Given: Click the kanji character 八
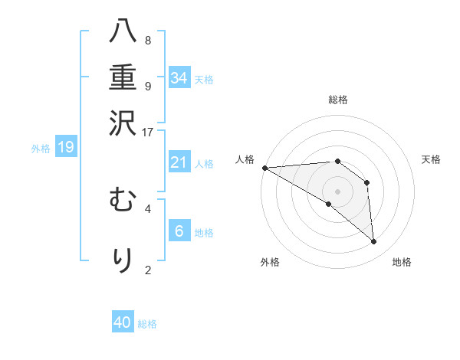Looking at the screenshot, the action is click(123, 33).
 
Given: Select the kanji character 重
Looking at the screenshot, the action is click(123, 77).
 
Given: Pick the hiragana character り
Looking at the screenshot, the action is click(123, 259).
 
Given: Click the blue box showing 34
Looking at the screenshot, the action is click(179, 77).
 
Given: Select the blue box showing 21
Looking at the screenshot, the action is click(179, 162).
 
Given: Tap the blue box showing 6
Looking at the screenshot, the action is click(179, 231).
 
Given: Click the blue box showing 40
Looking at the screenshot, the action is click(123, 322).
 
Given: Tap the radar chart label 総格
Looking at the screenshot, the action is click(337, 100).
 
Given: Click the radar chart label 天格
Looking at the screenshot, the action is click(432, 159).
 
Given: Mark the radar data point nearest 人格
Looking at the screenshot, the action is click(264, 168).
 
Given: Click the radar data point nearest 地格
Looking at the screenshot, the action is click(374, 242).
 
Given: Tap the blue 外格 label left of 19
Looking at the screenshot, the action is click(41, 149).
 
